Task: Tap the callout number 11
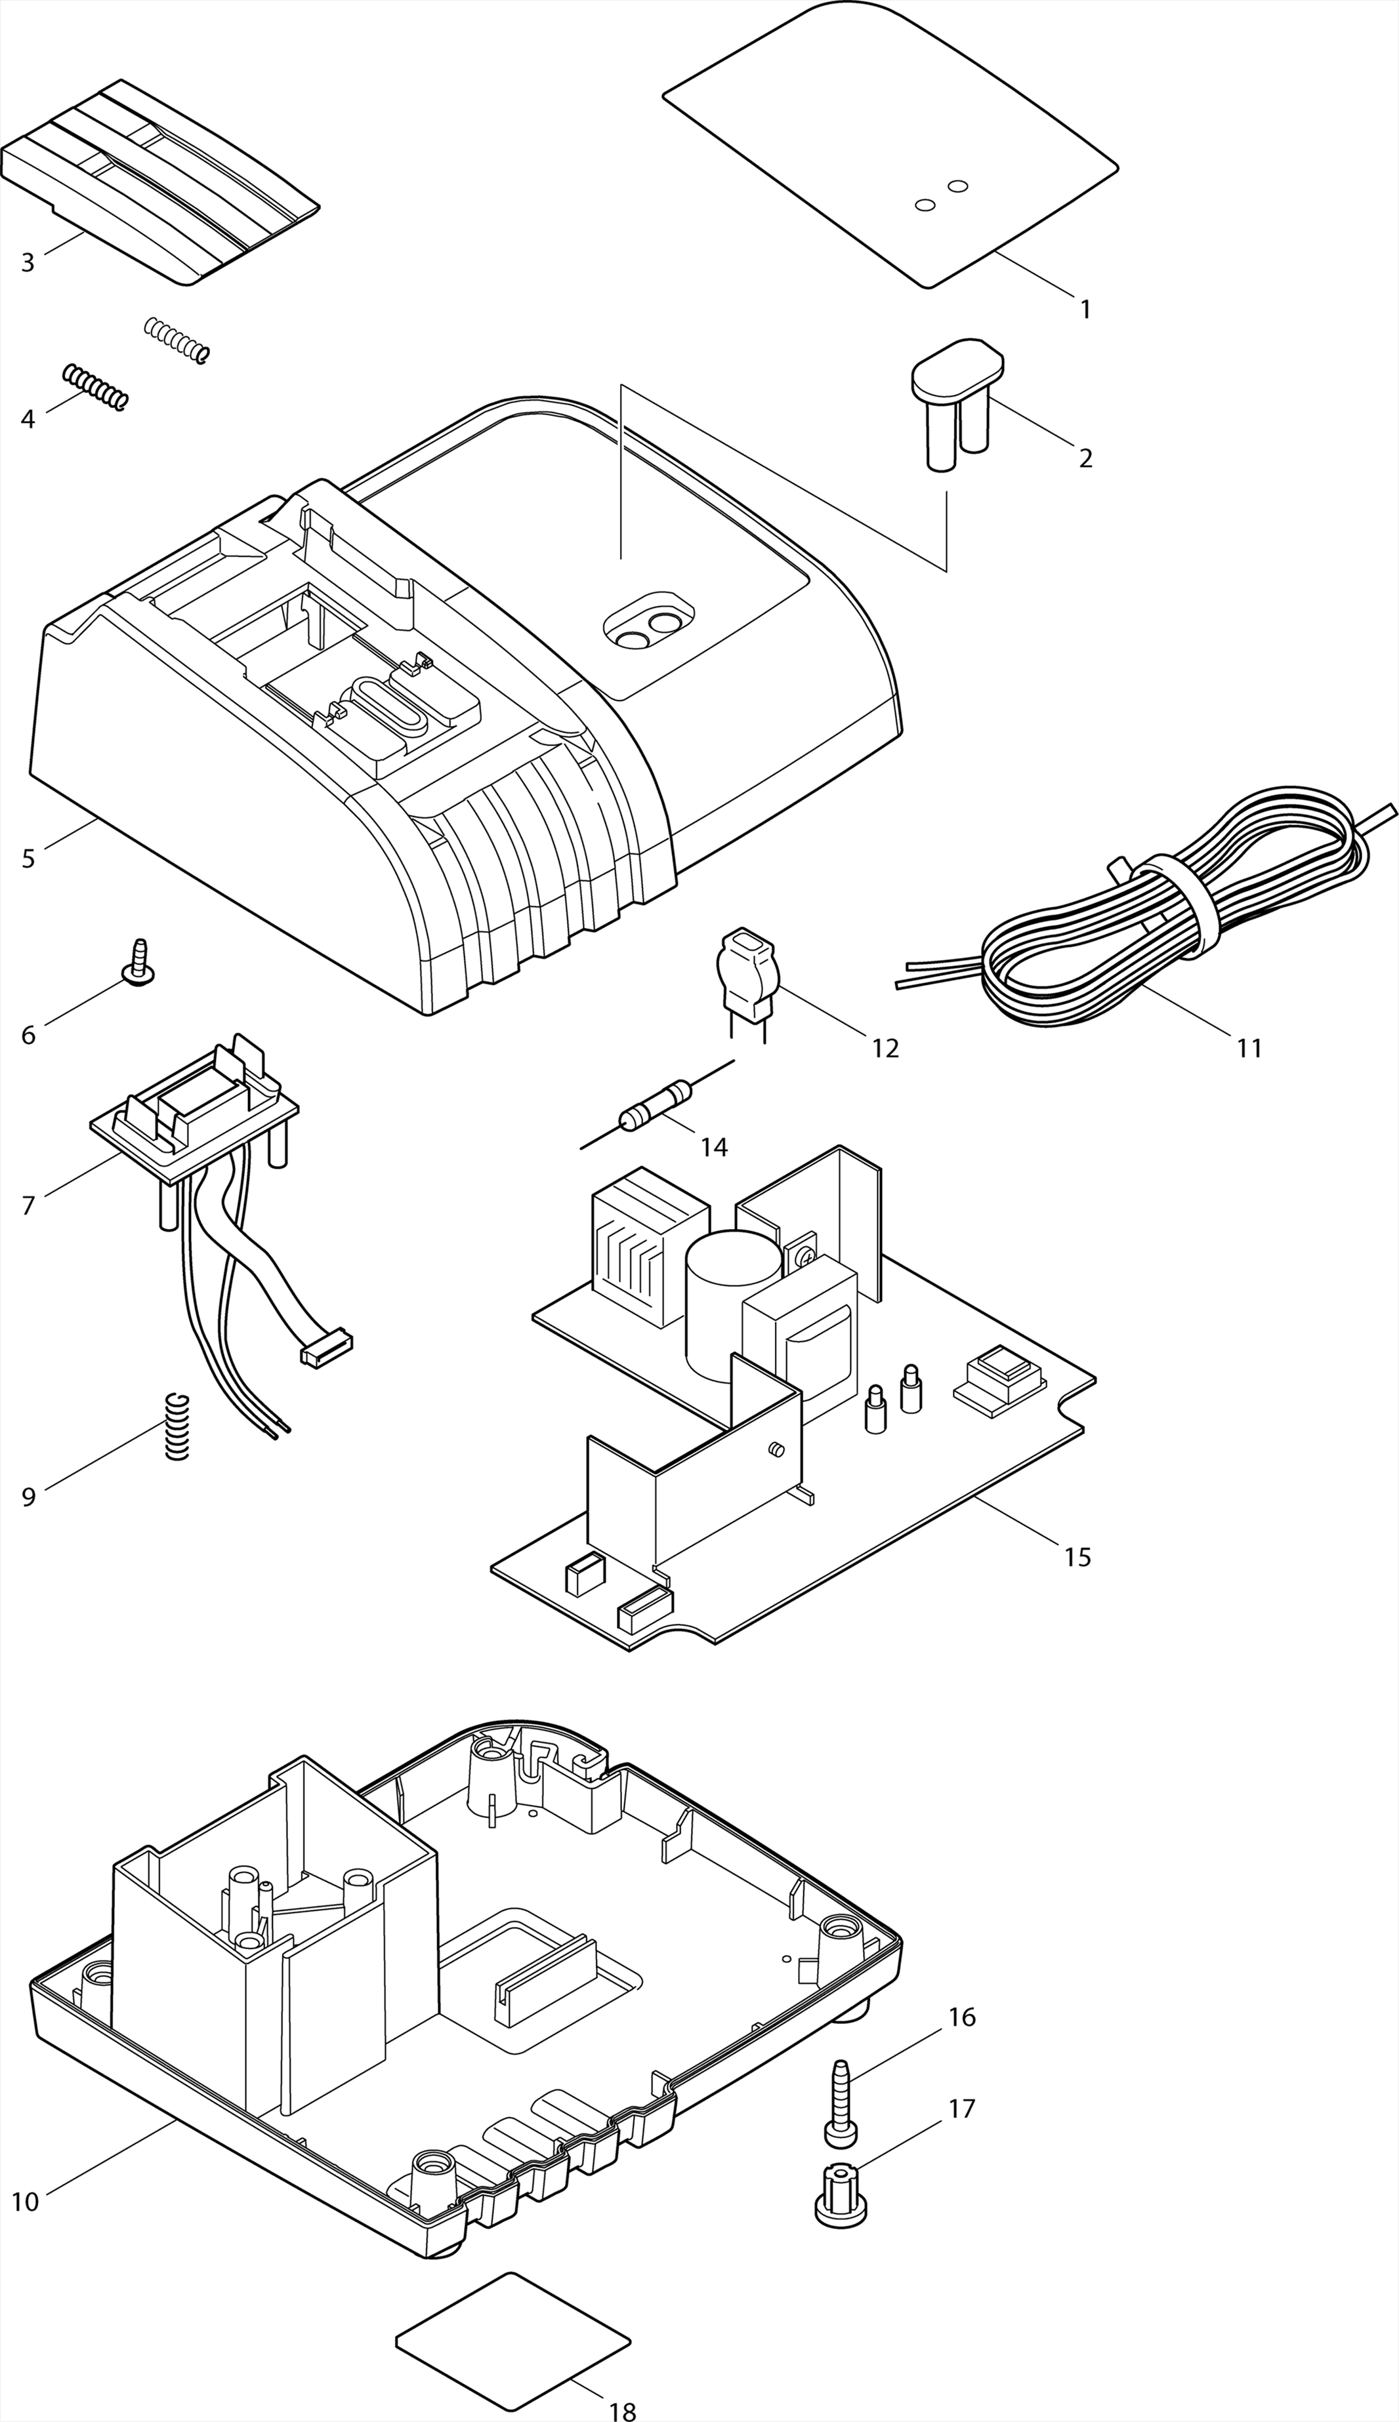click(1249, 1048)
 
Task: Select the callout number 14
click(714, 1146)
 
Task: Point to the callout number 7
click(28, 1205)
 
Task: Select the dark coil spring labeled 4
click(94, 387)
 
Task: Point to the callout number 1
click(1085, 310)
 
